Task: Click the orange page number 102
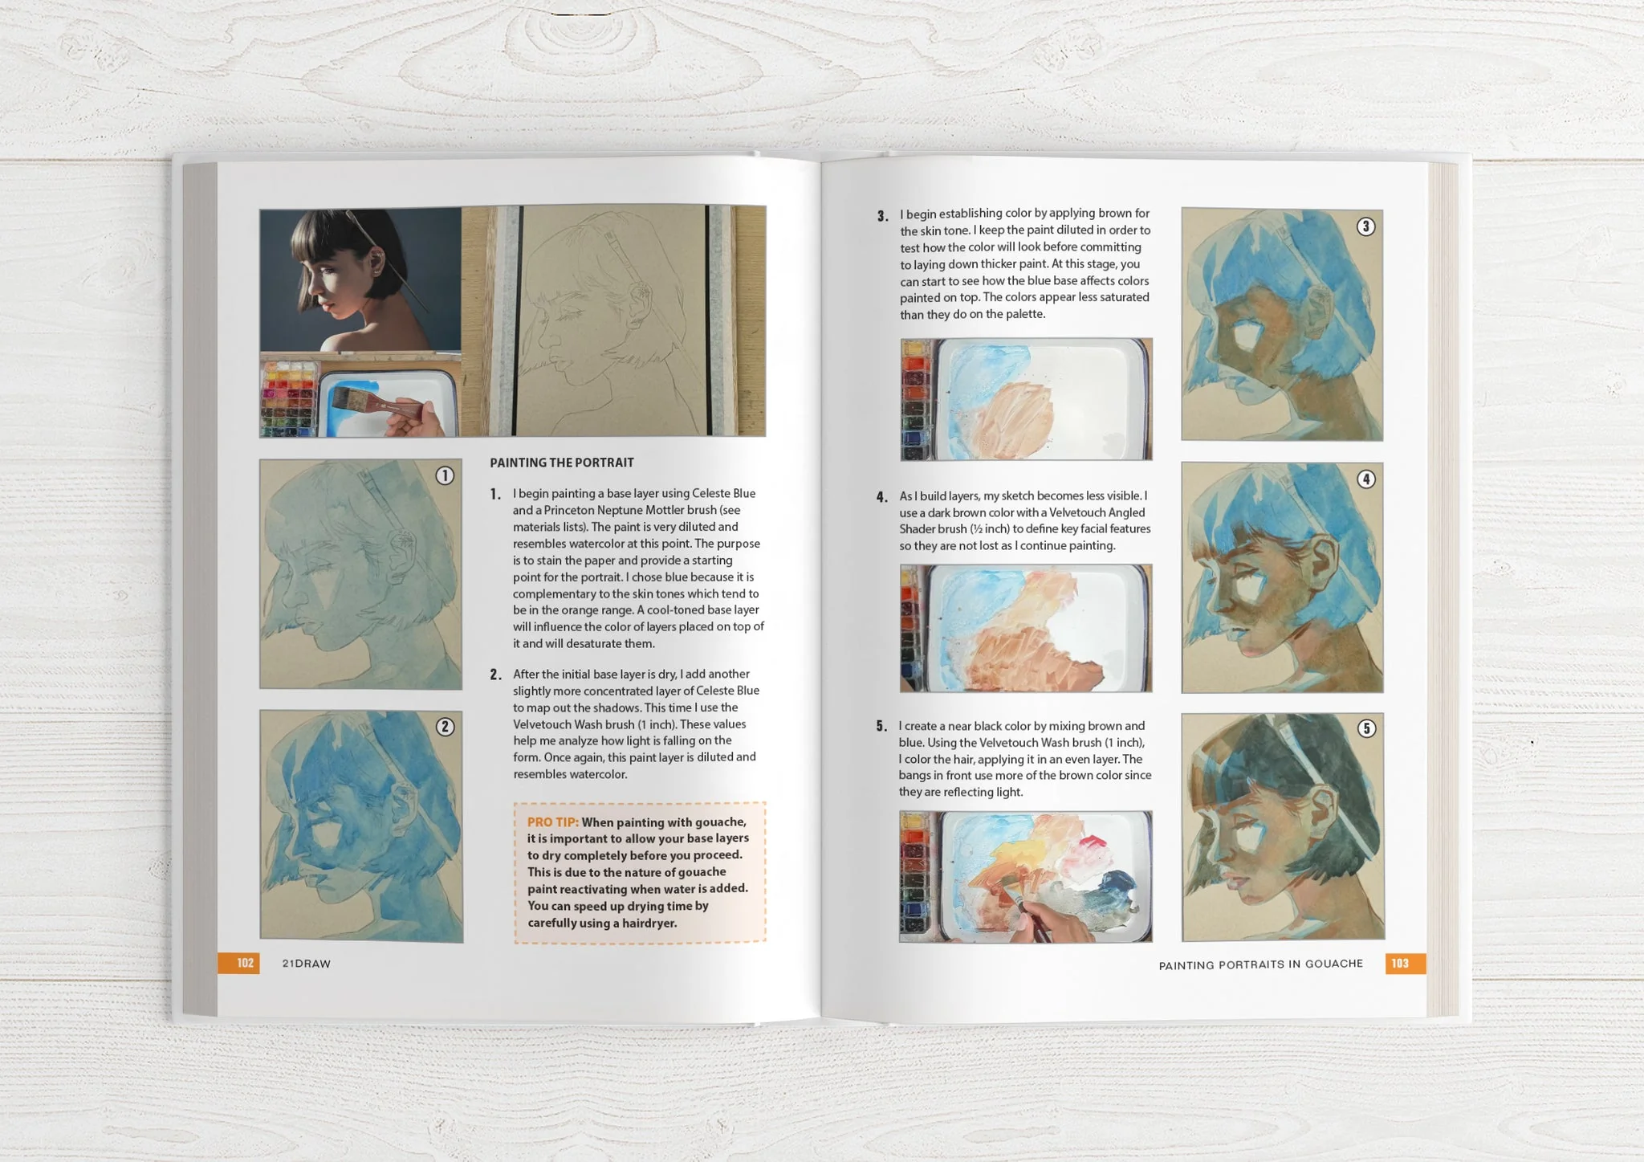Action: pyautogui.click(x=245, y=963)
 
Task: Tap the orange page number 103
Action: pyautogui.click(x=1401, y=963)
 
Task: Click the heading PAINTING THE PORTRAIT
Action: pyautogui.click(x=562, y=463)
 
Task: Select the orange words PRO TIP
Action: pyautogui.click(x=552, y=822)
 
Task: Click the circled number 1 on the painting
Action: pyautogui.click(x=445, y=476)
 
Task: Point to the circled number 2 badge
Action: pyautogui.click(x=445, y=727)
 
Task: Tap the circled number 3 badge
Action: pyautogui.click(x=1365, y=226)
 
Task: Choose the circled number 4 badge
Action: pyautogui.click(x=1365, y=479)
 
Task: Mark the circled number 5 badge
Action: pyautogui.click(x=1366, y=728)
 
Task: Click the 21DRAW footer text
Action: pyautogui.click(x=307, y=964)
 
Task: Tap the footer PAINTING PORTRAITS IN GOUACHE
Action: pyautogui.click(x=1260, y=964)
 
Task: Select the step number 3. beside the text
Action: pyautogui.click(x=882, y=216)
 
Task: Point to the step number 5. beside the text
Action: pyautogui.click(x=881, y=727)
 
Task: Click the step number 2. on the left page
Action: pyautogui.click(x=495, y=675)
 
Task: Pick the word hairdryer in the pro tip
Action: pyautogui.click(x=647, y=923)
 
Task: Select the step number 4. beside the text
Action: pyautogui.click(x=882, y=498)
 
